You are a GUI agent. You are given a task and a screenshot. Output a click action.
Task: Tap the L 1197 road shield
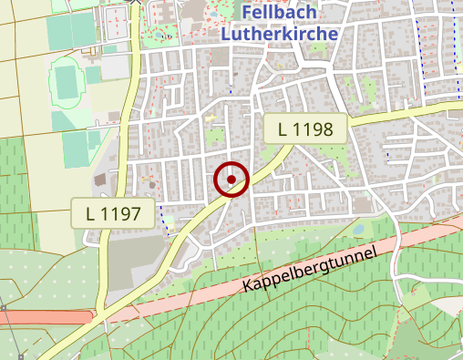click(x=113, y=215)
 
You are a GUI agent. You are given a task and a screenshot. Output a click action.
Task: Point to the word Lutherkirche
click(x=280, y=34)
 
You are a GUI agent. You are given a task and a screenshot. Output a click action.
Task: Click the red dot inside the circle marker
click(x=231, y=180)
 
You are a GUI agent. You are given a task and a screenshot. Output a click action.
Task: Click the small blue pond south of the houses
click(x=358, y=228)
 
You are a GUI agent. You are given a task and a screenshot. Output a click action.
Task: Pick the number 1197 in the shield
click(x=121, y=215)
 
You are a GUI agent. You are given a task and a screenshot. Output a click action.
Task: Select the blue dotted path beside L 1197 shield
click(x=161, y=216)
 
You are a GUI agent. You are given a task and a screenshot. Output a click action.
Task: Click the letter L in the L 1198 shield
click(x=283, y=129)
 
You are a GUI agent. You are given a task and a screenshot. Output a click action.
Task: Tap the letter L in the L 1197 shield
click(x=90, y=215)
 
